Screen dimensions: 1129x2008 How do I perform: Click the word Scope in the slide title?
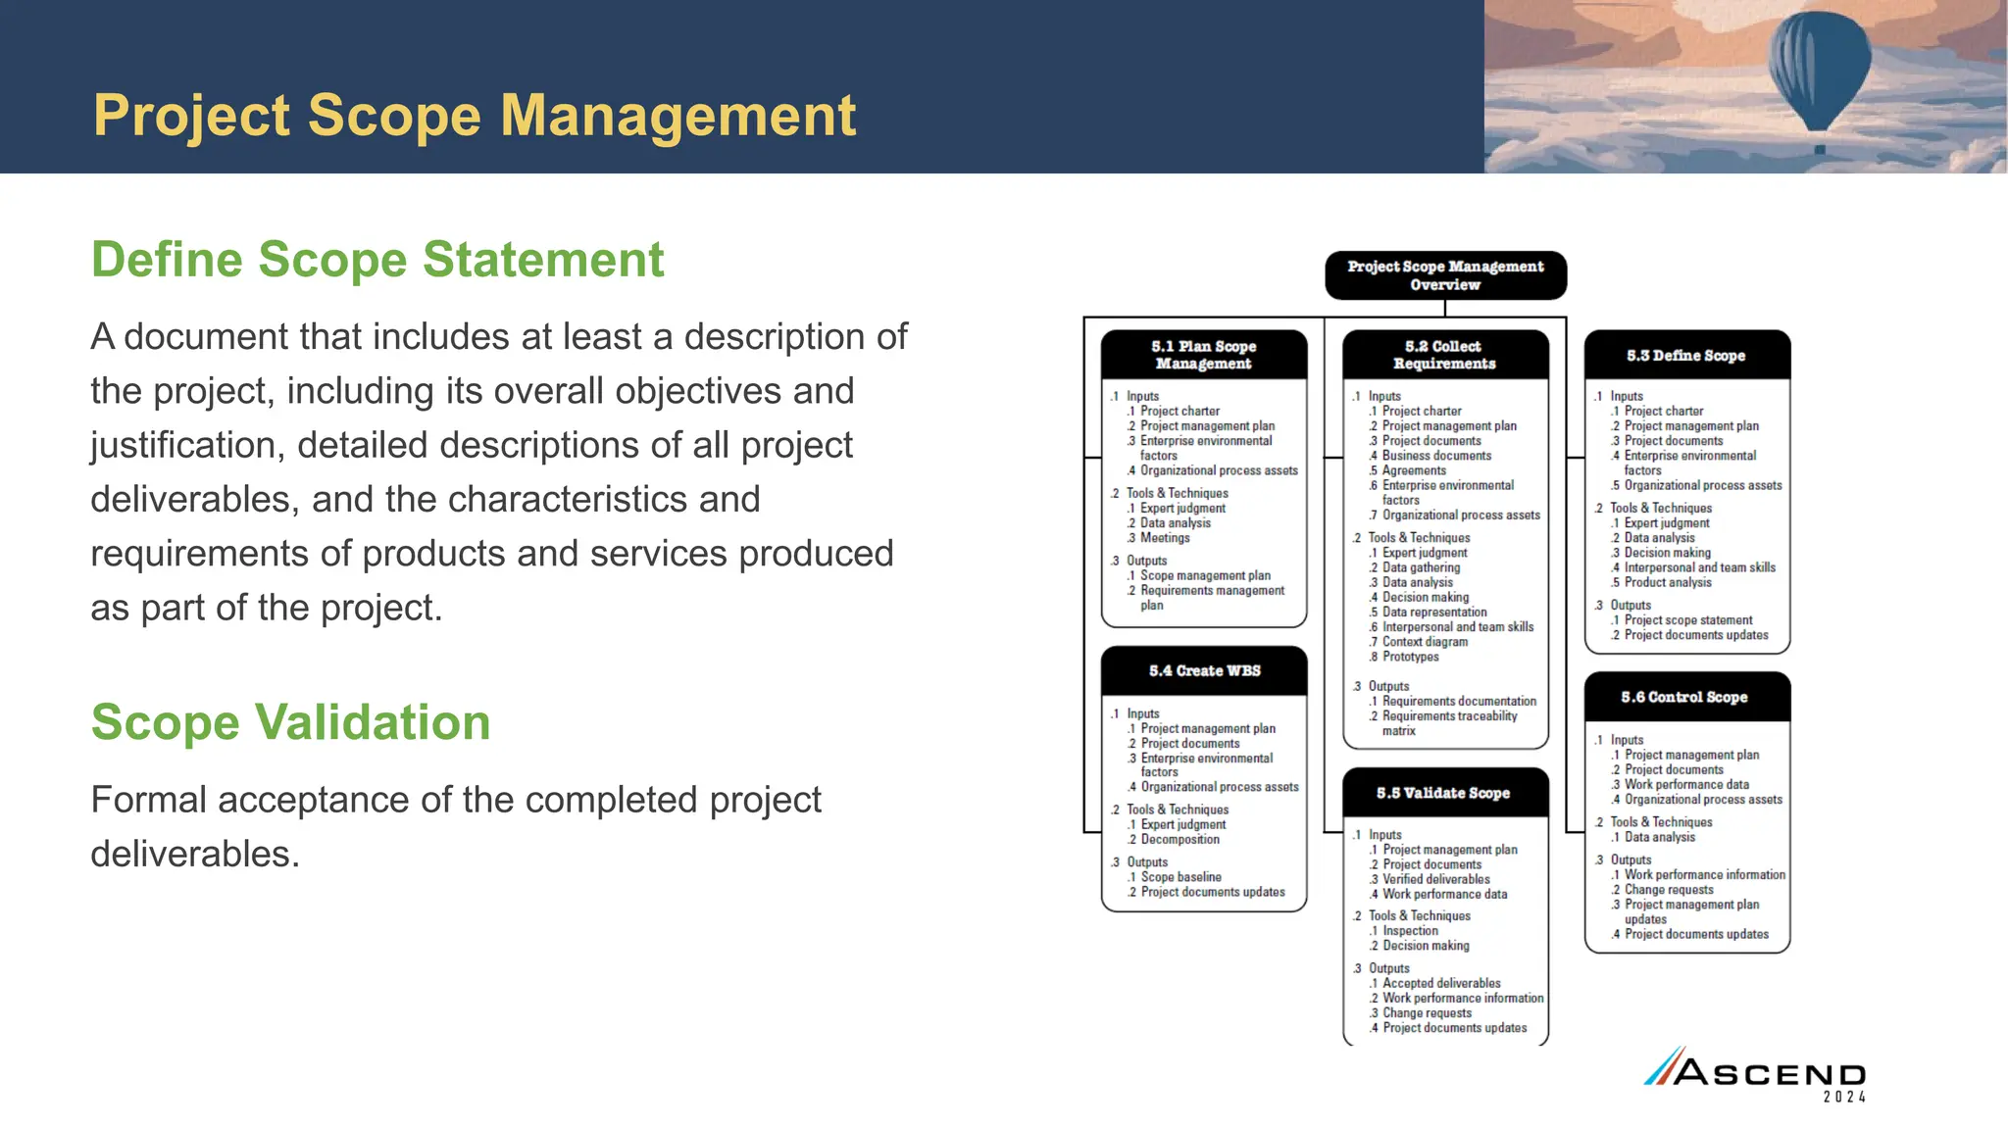pos(395,116)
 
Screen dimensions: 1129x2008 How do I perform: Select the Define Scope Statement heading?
pos(377,260)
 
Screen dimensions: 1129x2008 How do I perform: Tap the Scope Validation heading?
pos(290,722)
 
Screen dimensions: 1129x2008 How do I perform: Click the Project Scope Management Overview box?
pos(1445,275)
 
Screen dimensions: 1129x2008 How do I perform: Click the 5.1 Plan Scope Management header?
pos(1203,355)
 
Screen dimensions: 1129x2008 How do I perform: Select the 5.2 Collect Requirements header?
pos(1444,355)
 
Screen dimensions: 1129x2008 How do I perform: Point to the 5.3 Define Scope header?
pos(1685,356)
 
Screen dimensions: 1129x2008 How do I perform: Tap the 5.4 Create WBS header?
pos(1204,671)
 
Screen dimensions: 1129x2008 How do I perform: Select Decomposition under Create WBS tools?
pos(1180,840)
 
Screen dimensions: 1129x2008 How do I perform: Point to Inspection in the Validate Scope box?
pos(1410,931)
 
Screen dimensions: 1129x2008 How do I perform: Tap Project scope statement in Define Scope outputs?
pos(1687,620)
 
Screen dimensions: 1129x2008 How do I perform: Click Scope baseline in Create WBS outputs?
pos(1180,877)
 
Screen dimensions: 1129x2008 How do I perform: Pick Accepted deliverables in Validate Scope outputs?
pos(1441,983)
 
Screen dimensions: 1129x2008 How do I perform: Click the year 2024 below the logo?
pos(1843,1098)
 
